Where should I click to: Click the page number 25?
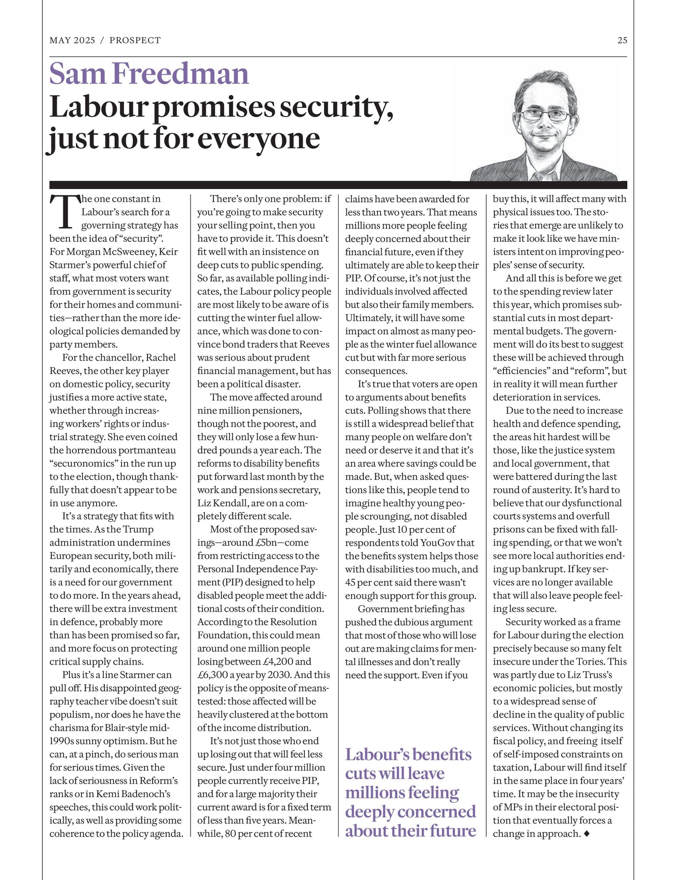(x=622, y=40)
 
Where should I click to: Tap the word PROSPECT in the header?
(x=135, y=40)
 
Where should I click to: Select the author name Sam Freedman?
(x=149, y=74)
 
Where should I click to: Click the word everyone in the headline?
(x=259, y=139)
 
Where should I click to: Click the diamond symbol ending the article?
(x=586, y=833)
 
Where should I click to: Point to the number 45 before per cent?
(x=350, y=583)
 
